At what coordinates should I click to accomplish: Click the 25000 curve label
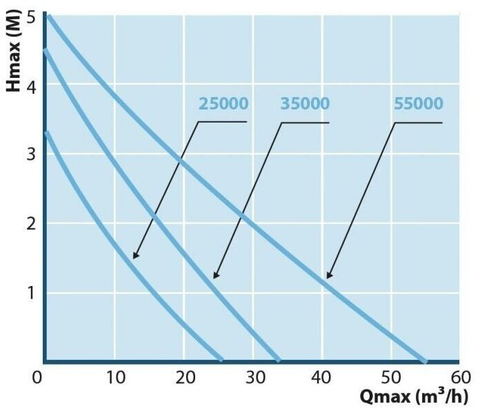point(223,104)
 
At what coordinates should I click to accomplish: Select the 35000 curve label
point(305,104)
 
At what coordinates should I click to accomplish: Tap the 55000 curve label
point(418,104)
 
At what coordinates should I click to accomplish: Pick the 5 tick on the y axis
point(30,17)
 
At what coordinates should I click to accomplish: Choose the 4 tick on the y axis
point(30,85)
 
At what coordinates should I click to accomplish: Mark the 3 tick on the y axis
point(30,154)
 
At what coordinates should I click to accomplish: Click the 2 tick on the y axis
point(30,223)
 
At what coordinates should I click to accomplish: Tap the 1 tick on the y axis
point(30,292)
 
